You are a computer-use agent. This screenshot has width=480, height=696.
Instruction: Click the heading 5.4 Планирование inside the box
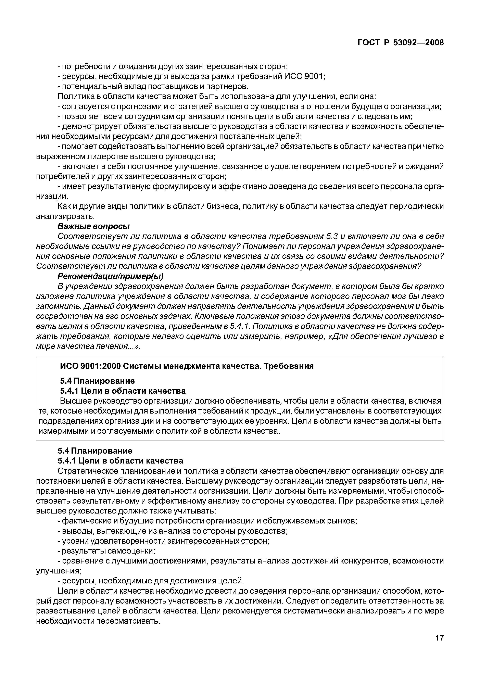(x=97, y=381)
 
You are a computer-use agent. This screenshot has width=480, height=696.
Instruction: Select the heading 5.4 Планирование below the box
(x=95, y=451)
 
